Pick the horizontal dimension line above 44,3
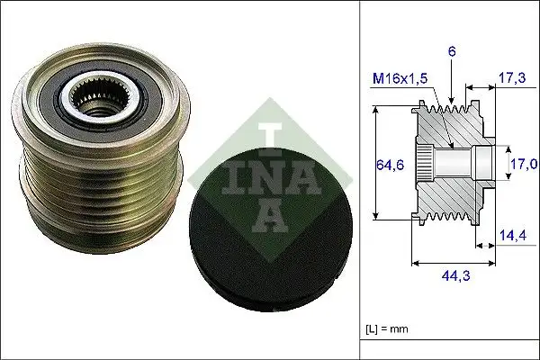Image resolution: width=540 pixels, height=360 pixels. (x=454, y=264)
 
